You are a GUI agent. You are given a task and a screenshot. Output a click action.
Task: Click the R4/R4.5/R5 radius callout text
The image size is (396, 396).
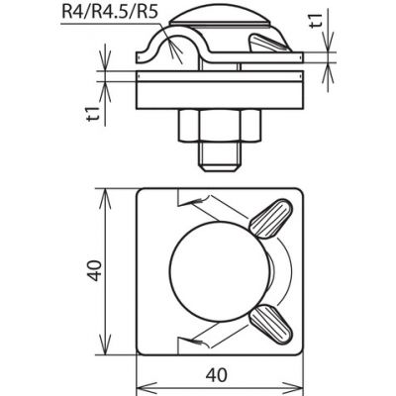coord(109,12)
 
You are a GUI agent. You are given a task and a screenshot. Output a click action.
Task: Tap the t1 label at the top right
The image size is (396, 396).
coord(316,21)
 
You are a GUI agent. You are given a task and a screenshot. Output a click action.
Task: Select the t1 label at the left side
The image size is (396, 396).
coord(93,114)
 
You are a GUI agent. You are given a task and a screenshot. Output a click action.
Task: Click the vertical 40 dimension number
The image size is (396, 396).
coord(95,270)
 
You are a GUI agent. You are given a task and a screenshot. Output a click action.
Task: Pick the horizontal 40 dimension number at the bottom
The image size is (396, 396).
coord(217,375)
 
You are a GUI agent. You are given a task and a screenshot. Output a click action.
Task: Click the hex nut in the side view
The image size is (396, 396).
coord(220,126)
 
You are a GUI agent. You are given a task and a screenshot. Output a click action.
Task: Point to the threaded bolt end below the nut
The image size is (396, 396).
coord(220,156)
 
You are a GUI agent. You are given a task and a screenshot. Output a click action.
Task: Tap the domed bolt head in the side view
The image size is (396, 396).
coord(220,17)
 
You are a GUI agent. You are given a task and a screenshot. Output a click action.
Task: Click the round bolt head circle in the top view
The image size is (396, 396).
coord(220,271)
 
